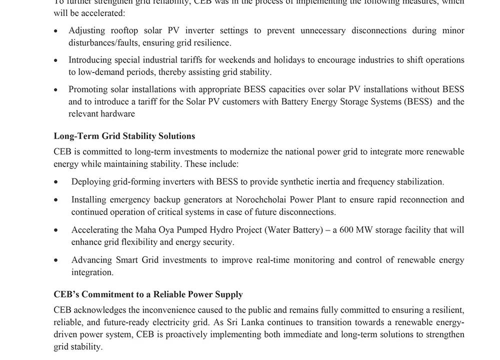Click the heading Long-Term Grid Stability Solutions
[x=124, y=136]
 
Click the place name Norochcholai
[x=259, y=199]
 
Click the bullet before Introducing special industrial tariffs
[x=56, y=60]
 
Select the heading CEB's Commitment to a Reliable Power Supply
[x=148, y=294]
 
